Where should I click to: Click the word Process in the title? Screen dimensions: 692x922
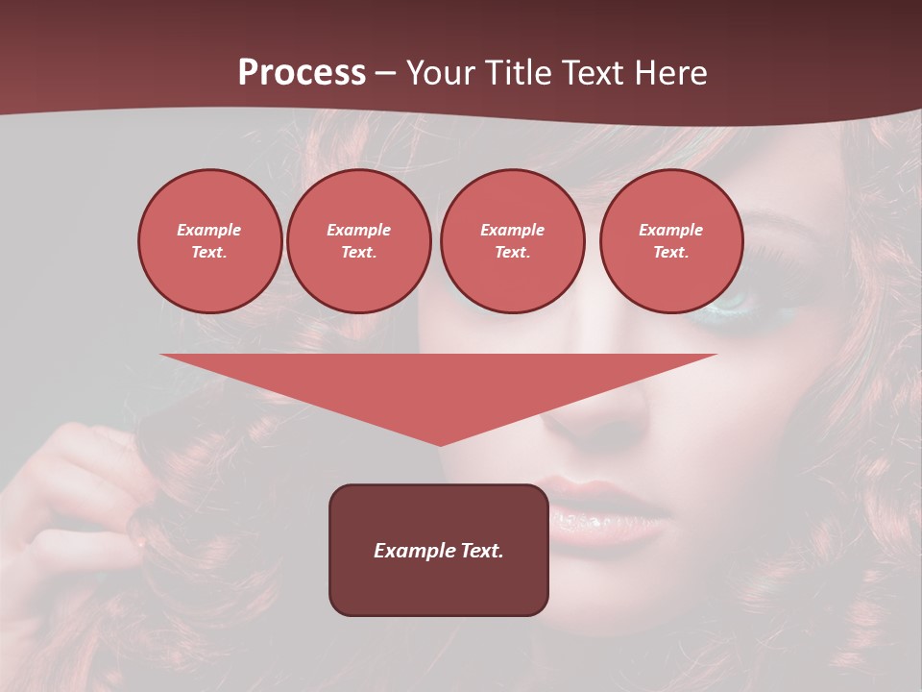tap(302, 73)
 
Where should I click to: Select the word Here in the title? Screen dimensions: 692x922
tap(669, 73)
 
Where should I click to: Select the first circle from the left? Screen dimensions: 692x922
tap(209, 241)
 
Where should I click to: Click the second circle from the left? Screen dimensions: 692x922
tap(358, 241)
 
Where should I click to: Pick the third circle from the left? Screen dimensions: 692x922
tap(512, 241)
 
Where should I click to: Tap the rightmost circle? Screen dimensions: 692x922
tap(670, 241)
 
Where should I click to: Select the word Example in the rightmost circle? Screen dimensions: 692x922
tap(670, 230)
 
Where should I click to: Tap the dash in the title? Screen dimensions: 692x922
tap(385, 73)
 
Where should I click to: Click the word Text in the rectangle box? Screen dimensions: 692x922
tap(481, 551)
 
